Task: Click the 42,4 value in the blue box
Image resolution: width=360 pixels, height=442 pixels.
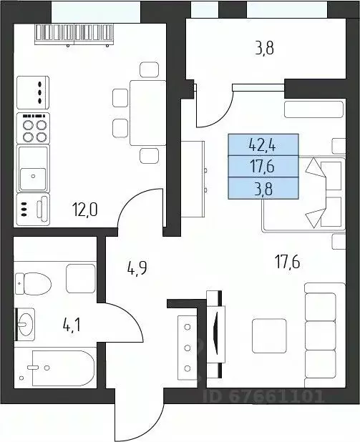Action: coord(262,146)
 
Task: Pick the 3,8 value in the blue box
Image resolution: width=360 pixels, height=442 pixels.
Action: coord(262,189)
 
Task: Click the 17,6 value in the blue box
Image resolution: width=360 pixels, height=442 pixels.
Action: coord(262,167)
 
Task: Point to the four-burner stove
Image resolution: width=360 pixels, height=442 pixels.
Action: coord(35,129)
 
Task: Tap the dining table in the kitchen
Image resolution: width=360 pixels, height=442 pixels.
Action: coord(140,112)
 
